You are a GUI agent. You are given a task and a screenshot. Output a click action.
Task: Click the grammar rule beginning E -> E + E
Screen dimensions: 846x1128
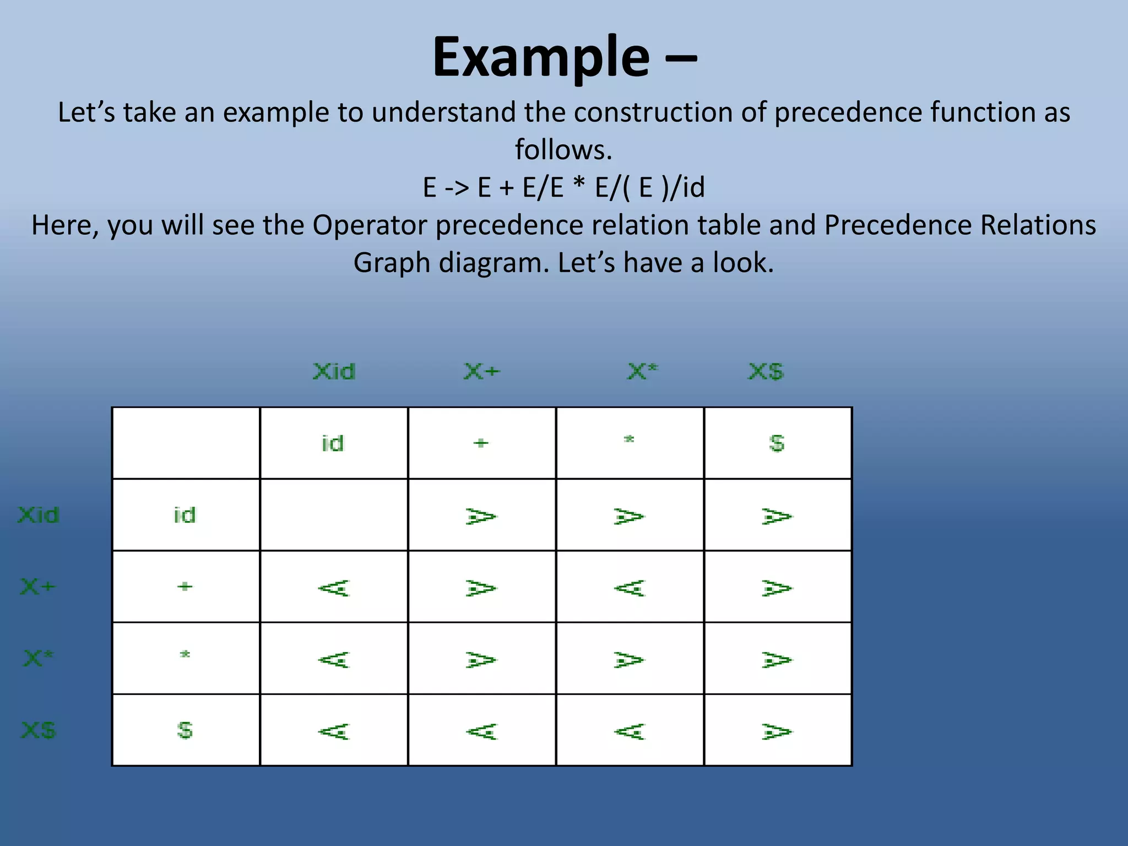[x=563, y=187]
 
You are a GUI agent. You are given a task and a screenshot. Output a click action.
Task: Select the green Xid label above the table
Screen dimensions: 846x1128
[x=334, y=372]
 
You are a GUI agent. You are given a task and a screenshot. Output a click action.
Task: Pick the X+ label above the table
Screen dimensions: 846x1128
[x=482, y=372]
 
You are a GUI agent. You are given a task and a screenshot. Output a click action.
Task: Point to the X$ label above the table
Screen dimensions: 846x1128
[x=766, y=372]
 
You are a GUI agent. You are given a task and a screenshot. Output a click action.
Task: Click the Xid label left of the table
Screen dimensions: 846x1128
[x=38, y=516]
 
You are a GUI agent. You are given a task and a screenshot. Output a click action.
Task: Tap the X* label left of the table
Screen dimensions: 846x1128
[x=38, y=658]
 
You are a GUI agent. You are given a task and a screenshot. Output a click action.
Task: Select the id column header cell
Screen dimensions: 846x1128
[x=333, y=443]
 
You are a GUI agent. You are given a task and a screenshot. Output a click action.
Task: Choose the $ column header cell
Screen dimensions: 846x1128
[x=777, y=443]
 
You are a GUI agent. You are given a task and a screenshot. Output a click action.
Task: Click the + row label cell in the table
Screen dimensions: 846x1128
[x=186, y=587]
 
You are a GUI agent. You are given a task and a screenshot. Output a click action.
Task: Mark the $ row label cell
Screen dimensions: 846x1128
[x=186, y=730]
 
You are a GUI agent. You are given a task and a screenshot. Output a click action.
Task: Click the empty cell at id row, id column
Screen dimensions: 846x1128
[x=333, y=515]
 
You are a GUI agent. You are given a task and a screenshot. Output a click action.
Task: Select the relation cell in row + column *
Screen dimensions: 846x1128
[x=630, y=587]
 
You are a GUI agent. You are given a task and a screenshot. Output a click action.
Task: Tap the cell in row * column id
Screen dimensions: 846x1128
[x=333, y=659]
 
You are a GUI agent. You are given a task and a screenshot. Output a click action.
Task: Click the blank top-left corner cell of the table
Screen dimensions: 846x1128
[x=186, y=443]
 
